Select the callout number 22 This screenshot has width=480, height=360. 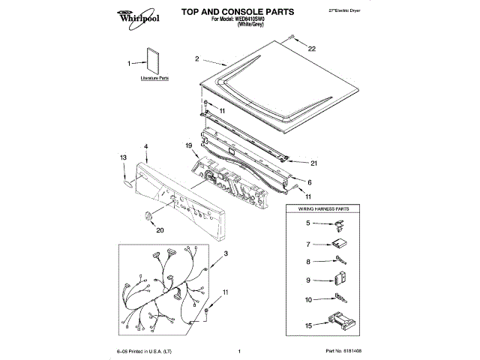(312, 49)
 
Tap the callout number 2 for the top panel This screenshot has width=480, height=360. (196, 58)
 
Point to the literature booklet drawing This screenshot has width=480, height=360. (154, 61)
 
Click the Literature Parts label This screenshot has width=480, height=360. (154, 78)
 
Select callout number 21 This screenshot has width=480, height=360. (313, 163)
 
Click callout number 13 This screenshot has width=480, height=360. (123, 157)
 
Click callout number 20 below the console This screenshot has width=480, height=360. (159, 230)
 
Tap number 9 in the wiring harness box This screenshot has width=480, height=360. (307, 281)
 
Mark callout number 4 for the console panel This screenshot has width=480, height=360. (145, 145)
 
